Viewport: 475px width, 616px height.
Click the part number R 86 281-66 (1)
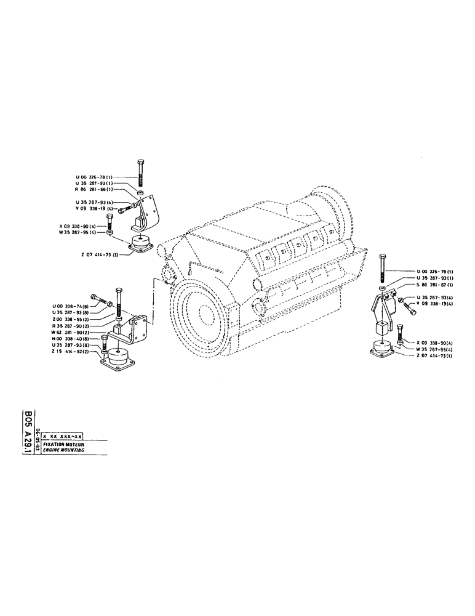point(94,190)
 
